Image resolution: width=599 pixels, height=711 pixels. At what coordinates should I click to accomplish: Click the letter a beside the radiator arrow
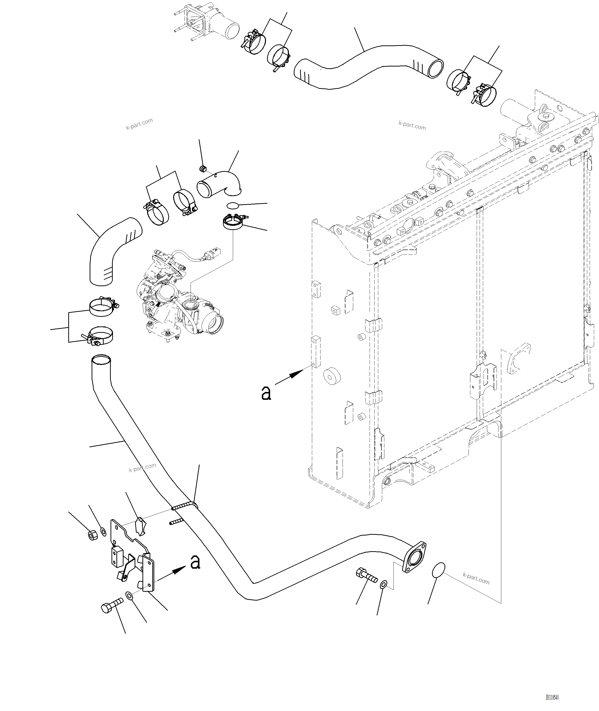coord(266,393)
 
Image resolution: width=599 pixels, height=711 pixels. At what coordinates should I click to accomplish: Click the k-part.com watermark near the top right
coord(412,125)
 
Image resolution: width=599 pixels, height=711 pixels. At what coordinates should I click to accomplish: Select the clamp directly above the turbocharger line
coord(233,223)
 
